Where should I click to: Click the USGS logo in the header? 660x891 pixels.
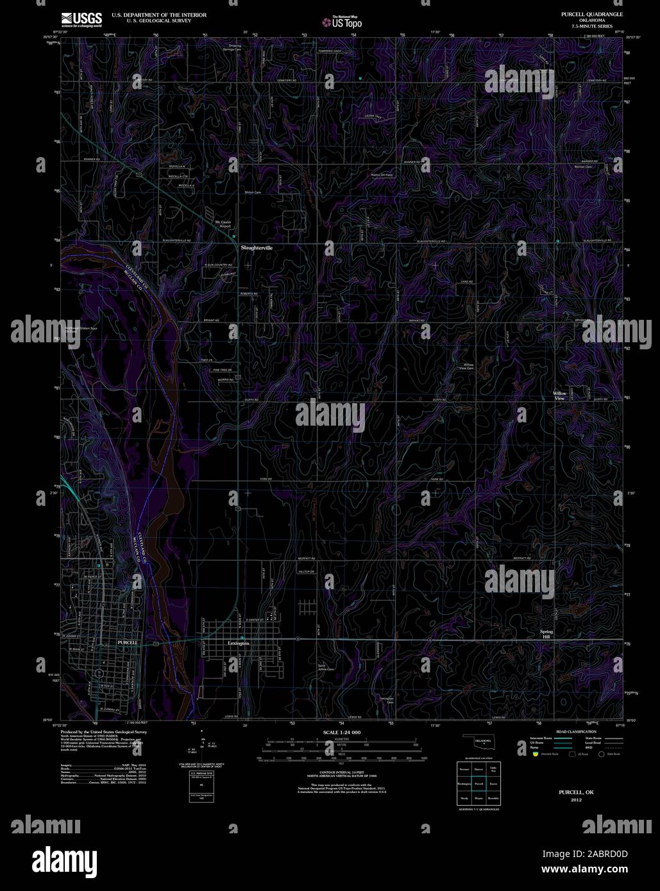(x=81, y=19)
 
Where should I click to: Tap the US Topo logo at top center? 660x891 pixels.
(x=343, y=22)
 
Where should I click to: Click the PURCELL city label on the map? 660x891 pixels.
(x=128, y=642)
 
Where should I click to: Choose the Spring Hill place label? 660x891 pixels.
(x=546, y=635)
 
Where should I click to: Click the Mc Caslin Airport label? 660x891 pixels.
(x=222, y=224)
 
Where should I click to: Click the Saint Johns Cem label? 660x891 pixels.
(x=326, y=667)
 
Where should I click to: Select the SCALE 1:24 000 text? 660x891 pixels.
(x=342, y=732)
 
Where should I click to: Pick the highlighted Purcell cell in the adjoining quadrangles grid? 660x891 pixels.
(x=478, y=783)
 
